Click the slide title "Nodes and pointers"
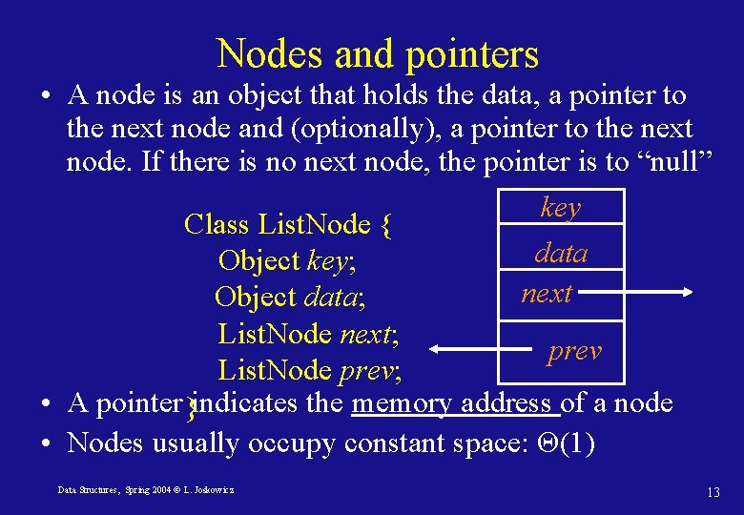tap(378, 54)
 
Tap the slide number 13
tap(713, 492)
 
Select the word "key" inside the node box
tap(560, 208)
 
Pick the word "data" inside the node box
tap(561, 253)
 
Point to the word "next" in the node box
tap(547, 293)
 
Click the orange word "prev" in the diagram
tap(574, 351)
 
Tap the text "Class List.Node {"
tap(287, 225)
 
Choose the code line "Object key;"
tap(286, 260)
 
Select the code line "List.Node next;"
tap(307, 334)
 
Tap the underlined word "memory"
tap(402, 403)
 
